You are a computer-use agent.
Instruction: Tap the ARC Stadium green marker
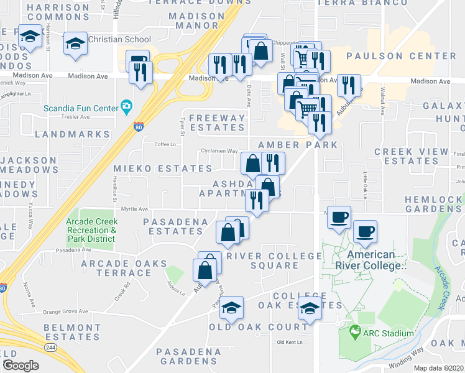(x=355, y=333)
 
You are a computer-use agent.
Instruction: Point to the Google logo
(x=21, y=366)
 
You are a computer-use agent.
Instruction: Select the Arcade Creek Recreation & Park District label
(x=91, y=230)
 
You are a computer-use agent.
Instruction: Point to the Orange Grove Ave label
(x=65, y=312)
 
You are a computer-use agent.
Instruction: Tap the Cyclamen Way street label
(x=219, y=151)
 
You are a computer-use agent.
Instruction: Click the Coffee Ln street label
(x=165, y=144)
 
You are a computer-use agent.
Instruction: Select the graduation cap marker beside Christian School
(x=76, y=44)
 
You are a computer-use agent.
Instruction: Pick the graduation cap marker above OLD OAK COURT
(x=231, y=308)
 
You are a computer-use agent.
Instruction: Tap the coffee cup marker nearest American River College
(x=365, y=231)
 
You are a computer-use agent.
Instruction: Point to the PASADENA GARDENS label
(x=188, y=356)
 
